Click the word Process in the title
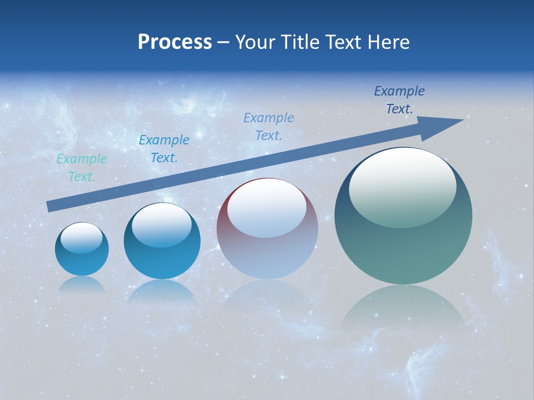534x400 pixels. click(175, 42)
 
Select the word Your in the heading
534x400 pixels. click(255, 42)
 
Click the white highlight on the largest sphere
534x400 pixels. click(402, 187)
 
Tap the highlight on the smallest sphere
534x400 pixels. click(82, 238)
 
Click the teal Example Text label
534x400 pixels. click(82, 168)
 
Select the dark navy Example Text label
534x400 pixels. click(399, 100)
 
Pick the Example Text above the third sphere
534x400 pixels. click(269, 126)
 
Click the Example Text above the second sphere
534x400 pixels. click(164, 148)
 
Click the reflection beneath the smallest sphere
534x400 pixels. click(82, 284)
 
